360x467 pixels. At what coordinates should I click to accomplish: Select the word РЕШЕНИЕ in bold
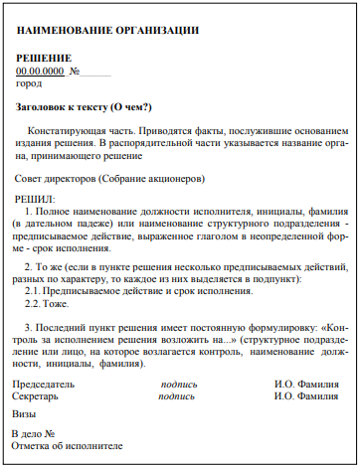[x=44, y=59]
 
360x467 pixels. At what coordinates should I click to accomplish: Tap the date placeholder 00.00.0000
[x=41, y=72]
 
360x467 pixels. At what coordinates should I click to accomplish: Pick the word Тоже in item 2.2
[x=55, y=304]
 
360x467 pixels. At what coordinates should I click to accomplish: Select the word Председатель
[x=45, y=383]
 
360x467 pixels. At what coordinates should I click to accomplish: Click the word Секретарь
[x=41, y=395]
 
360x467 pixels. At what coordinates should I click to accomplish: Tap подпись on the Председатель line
[x=179, y=383]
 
